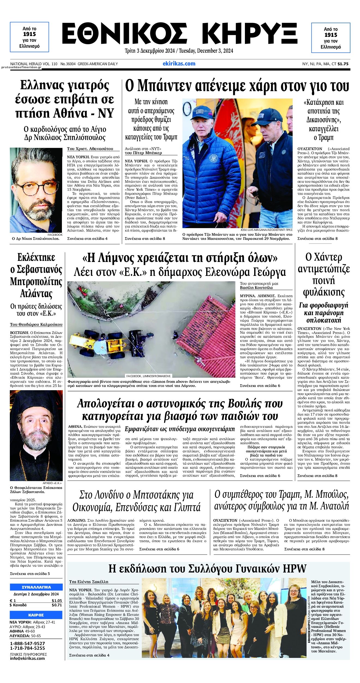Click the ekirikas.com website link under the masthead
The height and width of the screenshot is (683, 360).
(179, 64)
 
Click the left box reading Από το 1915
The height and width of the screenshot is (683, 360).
(29, 37)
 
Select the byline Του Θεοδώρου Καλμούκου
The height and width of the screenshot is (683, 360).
(36, 324)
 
